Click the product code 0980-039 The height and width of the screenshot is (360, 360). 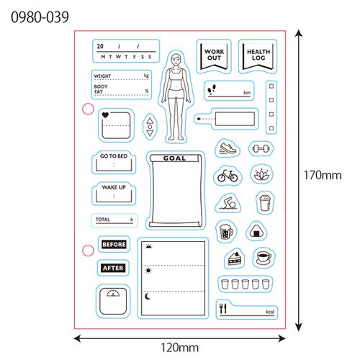pyautogui.click(x=40, y=17)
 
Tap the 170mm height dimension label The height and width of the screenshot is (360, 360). pyautogui.click(x=323, y=175)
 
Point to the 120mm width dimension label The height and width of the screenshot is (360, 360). pyautogui.click(x=180, y=348)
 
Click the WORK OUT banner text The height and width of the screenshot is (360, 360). pyautogui.click(x=214, y=55)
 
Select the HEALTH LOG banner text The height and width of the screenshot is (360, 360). pyautogui.click(x=258, y=55)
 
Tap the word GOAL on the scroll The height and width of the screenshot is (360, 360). pyautogui.click(x=174, y=158)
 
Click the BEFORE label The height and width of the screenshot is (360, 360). pyautogui.click(x=114, y=244)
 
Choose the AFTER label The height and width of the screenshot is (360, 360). pyautogui.click(x=113, y=268)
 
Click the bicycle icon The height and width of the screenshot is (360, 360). pyautogui.click(x=228, y=176)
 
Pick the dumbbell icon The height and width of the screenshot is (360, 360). pyautogui.click(x=261, y=149)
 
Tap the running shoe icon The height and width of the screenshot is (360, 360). pyautogui.click(x=228, y=148)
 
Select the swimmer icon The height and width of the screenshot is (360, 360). pyautogui.click(x=228, y=203)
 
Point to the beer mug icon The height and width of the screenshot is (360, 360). pyautogui.click(x=226, y=231)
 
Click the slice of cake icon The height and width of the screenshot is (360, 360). pyautogui.click(x=235, y=258)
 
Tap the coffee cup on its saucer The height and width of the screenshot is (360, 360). pyautogui.click(x=264, y=257)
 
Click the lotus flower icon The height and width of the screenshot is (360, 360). pyautogui.click(x=261, y=174)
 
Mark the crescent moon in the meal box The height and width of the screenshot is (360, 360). pyautogui.click(x=148, y=297)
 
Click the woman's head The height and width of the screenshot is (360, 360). pyautogui.click(x=176, y=59)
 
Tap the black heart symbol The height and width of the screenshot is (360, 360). pyautogui.click(x=105, y=115)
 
